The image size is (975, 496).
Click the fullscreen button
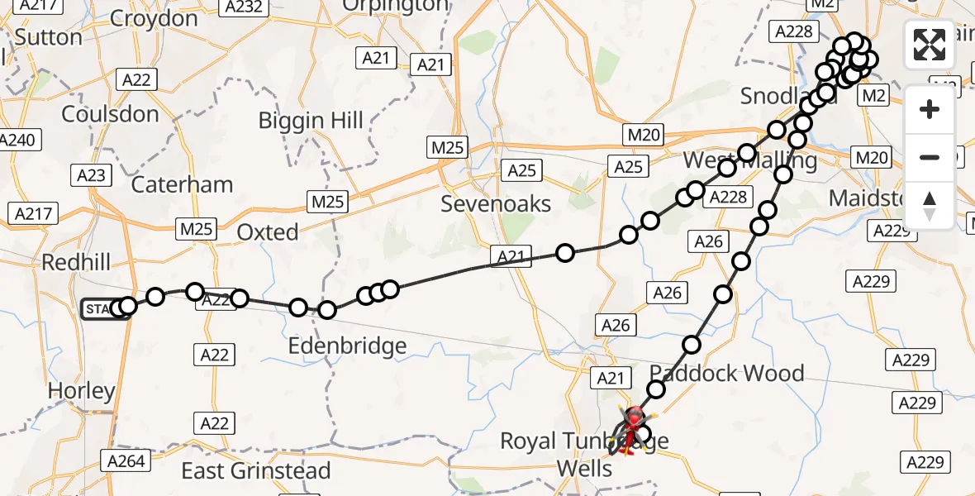coord(930,45)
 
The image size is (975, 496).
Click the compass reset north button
coord(930,206)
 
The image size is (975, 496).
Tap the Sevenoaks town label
coord(496,203)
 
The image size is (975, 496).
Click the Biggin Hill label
coord(311,121)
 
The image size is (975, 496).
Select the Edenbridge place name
coord(347,346)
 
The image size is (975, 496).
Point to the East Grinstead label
coord(256,471)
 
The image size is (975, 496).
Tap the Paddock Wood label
coord(727,373)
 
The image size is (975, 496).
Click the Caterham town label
coord(182,184)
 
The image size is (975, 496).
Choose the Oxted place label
coord(268,232)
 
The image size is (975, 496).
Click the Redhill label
coord(76,263)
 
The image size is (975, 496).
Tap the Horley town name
coord(81,390)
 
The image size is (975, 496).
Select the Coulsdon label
coord(110,114)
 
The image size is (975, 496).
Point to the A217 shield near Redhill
coord(35,214)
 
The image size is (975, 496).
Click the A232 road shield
coord(244,7)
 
